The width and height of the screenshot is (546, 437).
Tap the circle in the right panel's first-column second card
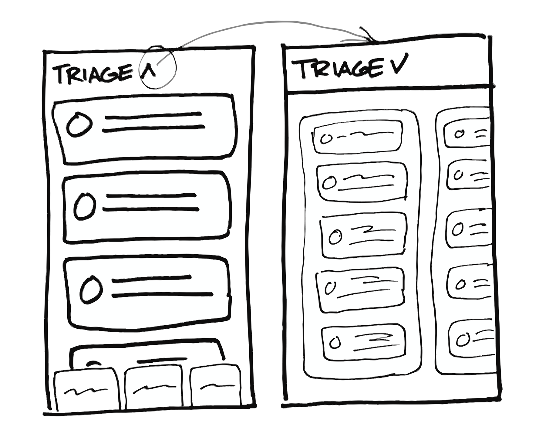pos(329,183)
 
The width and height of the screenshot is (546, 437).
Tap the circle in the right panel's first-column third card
pos(335,236)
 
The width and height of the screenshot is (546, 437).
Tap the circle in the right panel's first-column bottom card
pos(335,343)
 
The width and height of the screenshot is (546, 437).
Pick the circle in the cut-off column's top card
pos(459,134)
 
